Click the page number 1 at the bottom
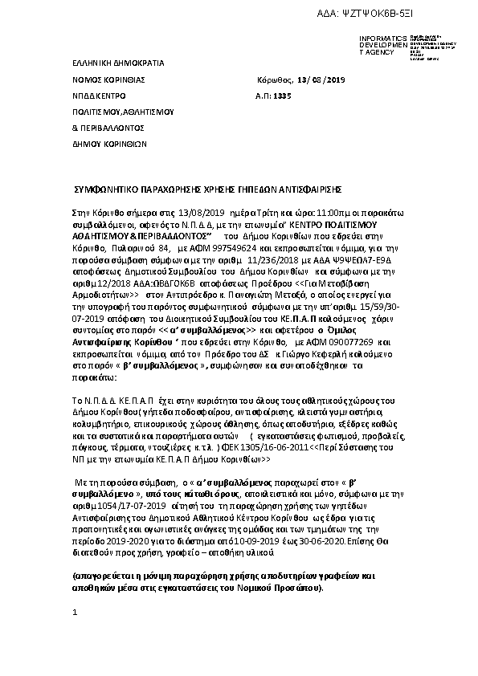(x=74, y=613)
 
